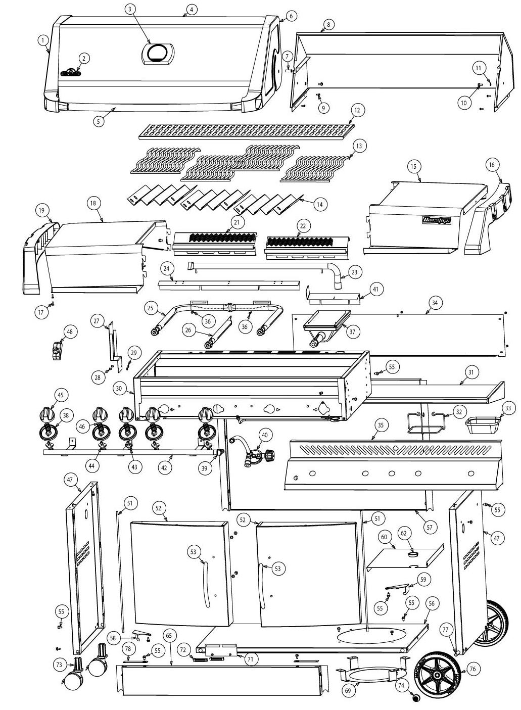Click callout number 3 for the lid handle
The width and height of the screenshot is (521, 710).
tap(130, 9)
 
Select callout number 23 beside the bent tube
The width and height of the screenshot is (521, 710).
tap(354, 272)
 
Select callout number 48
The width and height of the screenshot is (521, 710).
tap(70, 332)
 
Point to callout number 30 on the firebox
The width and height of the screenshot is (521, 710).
tap(119, 389)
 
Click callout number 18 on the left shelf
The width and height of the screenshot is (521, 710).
tap(92, 203)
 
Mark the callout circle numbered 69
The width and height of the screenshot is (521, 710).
tap(347, 691)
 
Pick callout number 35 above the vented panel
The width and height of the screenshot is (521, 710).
tap(381, 425)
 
